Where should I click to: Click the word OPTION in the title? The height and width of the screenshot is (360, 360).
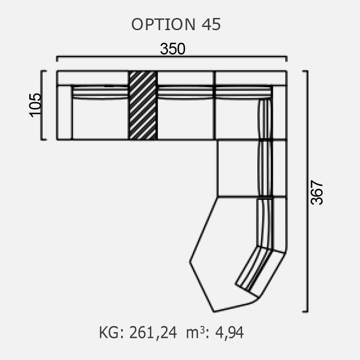(163, 24)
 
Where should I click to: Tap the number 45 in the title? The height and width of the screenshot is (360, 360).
(211, 24)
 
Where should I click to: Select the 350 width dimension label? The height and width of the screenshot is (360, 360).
(173, 49)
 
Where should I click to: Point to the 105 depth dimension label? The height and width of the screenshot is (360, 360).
(36, 105)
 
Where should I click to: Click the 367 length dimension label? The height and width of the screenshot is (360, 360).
(317, 193)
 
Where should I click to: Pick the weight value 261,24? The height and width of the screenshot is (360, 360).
(153, 333)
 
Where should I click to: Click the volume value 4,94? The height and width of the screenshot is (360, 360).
(229, 333)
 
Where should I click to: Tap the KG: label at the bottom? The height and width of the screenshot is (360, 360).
(111, 333)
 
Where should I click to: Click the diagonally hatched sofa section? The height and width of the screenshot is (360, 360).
(143, 105)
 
